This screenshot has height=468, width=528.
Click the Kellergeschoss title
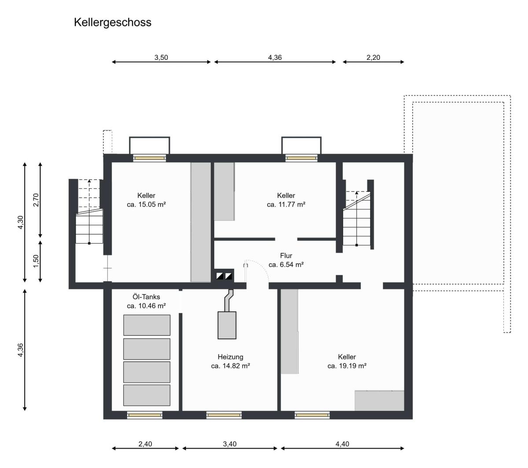coord(113,23)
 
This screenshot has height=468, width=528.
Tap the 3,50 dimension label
coord(161,57)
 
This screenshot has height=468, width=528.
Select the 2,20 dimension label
coord(373,57)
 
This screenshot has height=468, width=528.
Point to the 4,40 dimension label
coord(342,444)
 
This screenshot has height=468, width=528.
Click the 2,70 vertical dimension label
coord(36,200)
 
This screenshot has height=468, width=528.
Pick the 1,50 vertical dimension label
coord(36,261)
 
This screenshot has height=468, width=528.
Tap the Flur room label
coord(286,256)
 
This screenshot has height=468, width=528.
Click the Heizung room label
coord(231,357)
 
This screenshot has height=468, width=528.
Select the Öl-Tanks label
coord(146,296)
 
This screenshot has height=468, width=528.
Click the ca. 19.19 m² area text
coord(347,366)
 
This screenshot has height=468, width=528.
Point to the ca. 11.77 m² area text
coord(286,205)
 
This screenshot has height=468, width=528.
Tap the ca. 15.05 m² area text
coord(146,205)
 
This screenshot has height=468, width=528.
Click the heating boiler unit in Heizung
coord(227,325)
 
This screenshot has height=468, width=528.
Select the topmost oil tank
coord(147,325)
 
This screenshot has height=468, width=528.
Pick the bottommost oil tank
coord(147,395)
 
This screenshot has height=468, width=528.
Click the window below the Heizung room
coord(224,415)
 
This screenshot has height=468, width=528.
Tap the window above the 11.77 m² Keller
coord(301,158)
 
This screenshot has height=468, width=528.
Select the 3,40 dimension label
coord(230,444)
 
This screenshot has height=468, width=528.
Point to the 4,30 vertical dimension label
coord(20,222)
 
